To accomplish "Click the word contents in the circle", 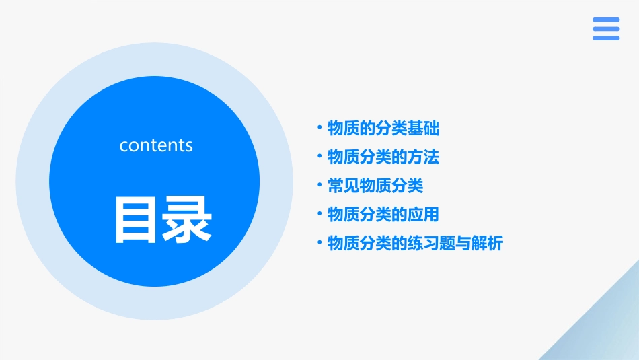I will [x=156, y=145].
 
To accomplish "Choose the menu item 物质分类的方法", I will [x=383, y=157].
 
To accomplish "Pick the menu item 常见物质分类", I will [x=375, y=186].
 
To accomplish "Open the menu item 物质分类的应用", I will [x=383, y=215].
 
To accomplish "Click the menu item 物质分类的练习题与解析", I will [x=415, y=243].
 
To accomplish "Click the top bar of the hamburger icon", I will [x=606, y=20].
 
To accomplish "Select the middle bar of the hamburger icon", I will [x=606, y=29].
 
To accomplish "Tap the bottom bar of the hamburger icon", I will [x=606, y=38].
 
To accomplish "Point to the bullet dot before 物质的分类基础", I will [x=319, y=128].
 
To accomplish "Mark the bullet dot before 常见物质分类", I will [x=319, y=186].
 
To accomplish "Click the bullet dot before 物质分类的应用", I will [x=319, y=215].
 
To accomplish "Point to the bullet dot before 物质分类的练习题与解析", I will [x=319, y=243].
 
